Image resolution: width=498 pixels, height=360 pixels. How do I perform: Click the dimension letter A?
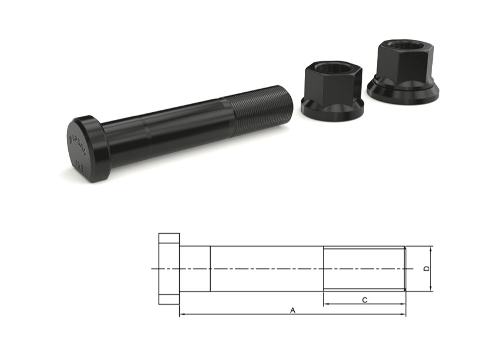tap(292, 310)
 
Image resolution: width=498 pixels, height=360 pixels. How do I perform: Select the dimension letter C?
tap(364, 300)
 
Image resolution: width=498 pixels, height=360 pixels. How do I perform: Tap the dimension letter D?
tap(427, 268)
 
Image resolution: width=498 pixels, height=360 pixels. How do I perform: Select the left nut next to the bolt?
tap(332, 91)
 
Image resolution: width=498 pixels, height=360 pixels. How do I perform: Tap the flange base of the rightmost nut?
tap(403, 93)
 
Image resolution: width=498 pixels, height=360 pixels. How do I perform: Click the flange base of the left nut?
tap(332, 109)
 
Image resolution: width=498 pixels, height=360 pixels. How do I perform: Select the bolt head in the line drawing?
tap(169, 268)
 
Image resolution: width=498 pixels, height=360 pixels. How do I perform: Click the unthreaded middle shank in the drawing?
tap(267, 268)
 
